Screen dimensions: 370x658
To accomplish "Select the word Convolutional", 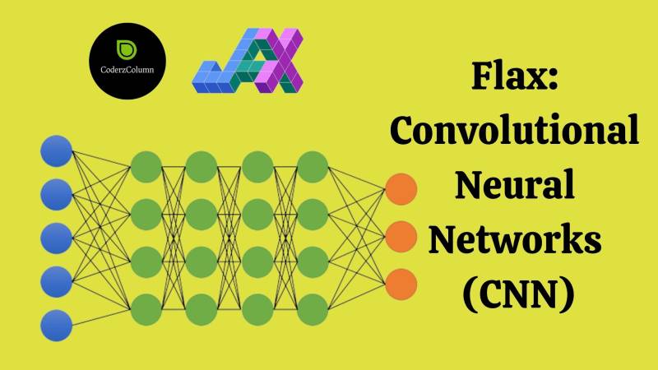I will (514, 132).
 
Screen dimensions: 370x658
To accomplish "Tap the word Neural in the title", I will (514, 185).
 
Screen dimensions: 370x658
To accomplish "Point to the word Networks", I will (514, 240).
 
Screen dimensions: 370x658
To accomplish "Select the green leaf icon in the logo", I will (127, 49).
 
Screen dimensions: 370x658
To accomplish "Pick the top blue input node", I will (57, 151).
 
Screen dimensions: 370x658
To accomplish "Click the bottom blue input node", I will (57, 323).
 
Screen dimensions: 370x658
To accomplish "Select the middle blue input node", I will (57, 237).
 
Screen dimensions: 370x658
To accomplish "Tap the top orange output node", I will (401, 189).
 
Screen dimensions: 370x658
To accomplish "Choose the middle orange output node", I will (401, 236).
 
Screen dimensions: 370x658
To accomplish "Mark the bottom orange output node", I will (401, 283).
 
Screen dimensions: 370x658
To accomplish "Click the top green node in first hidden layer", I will (146, 167).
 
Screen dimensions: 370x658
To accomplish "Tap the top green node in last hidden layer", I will (313, 167).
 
